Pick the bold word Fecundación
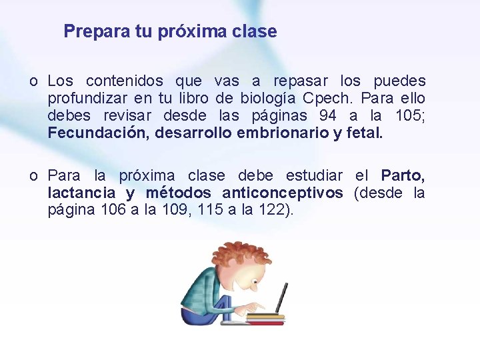pyautogui.click(x=97, y=133)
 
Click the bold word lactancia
pyautogui.click(x=81, y=193)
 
